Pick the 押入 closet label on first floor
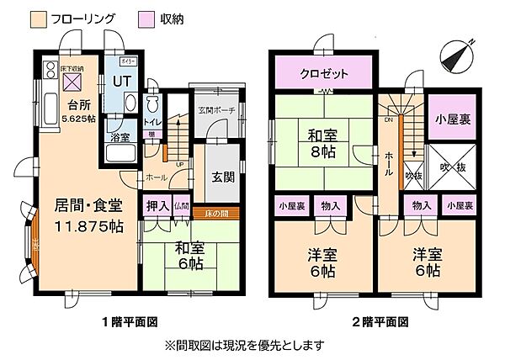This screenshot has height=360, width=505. pyautogui.click(x=157, y=204)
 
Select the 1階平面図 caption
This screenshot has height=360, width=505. pyautogui.click(x=131, y=320)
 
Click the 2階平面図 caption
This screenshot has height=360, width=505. pyautogui.click(x=374, y=320)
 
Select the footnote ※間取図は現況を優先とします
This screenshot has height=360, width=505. pyautogui.click(x=252, y=345)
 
